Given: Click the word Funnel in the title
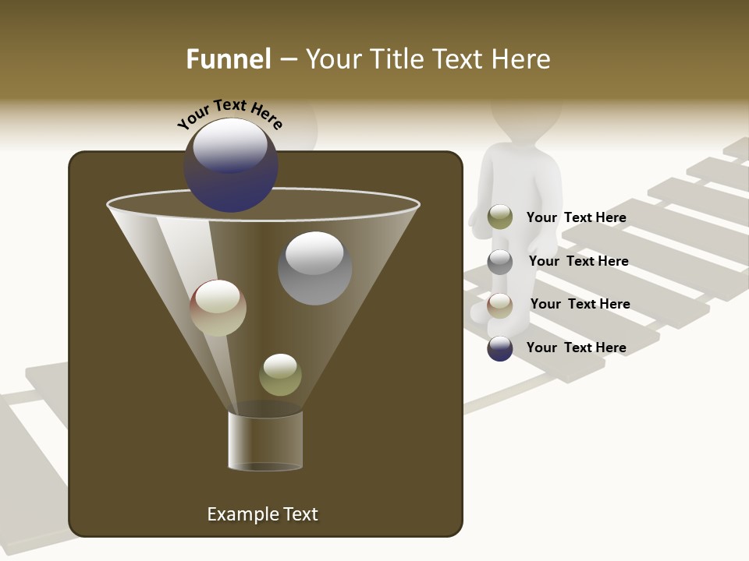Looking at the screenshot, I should pos(228,59).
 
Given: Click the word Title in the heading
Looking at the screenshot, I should pos(396,59).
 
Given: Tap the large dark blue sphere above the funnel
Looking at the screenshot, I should pos(231,164).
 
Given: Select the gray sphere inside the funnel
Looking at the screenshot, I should pos(314,267).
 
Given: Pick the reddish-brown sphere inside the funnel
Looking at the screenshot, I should pos(218,308).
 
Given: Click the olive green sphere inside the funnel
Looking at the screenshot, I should pos(280,375).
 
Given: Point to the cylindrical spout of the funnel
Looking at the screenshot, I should pos(265,440).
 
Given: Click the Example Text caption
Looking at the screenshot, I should pos(262,514).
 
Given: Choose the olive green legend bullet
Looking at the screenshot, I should pos(500,217).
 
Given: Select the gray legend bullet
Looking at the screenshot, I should pos(500,261).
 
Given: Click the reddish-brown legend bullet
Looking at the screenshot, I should pos(500,305).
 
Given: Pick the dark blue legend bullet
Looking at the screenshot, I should pos(500,348).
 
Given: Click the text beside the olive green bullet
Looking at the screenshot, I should pos(576,217).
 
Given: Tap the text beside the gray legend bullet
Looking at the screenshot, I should pos(578,261).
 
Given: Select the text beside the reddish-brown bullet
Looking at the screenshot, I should pos(580,304).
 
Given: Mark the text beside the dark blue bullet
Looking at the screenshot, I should pos(576,348).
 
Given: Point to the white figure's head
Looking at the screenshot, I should pos(527,117).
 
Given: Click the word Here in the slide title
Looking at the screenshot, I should pos(516,59).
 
